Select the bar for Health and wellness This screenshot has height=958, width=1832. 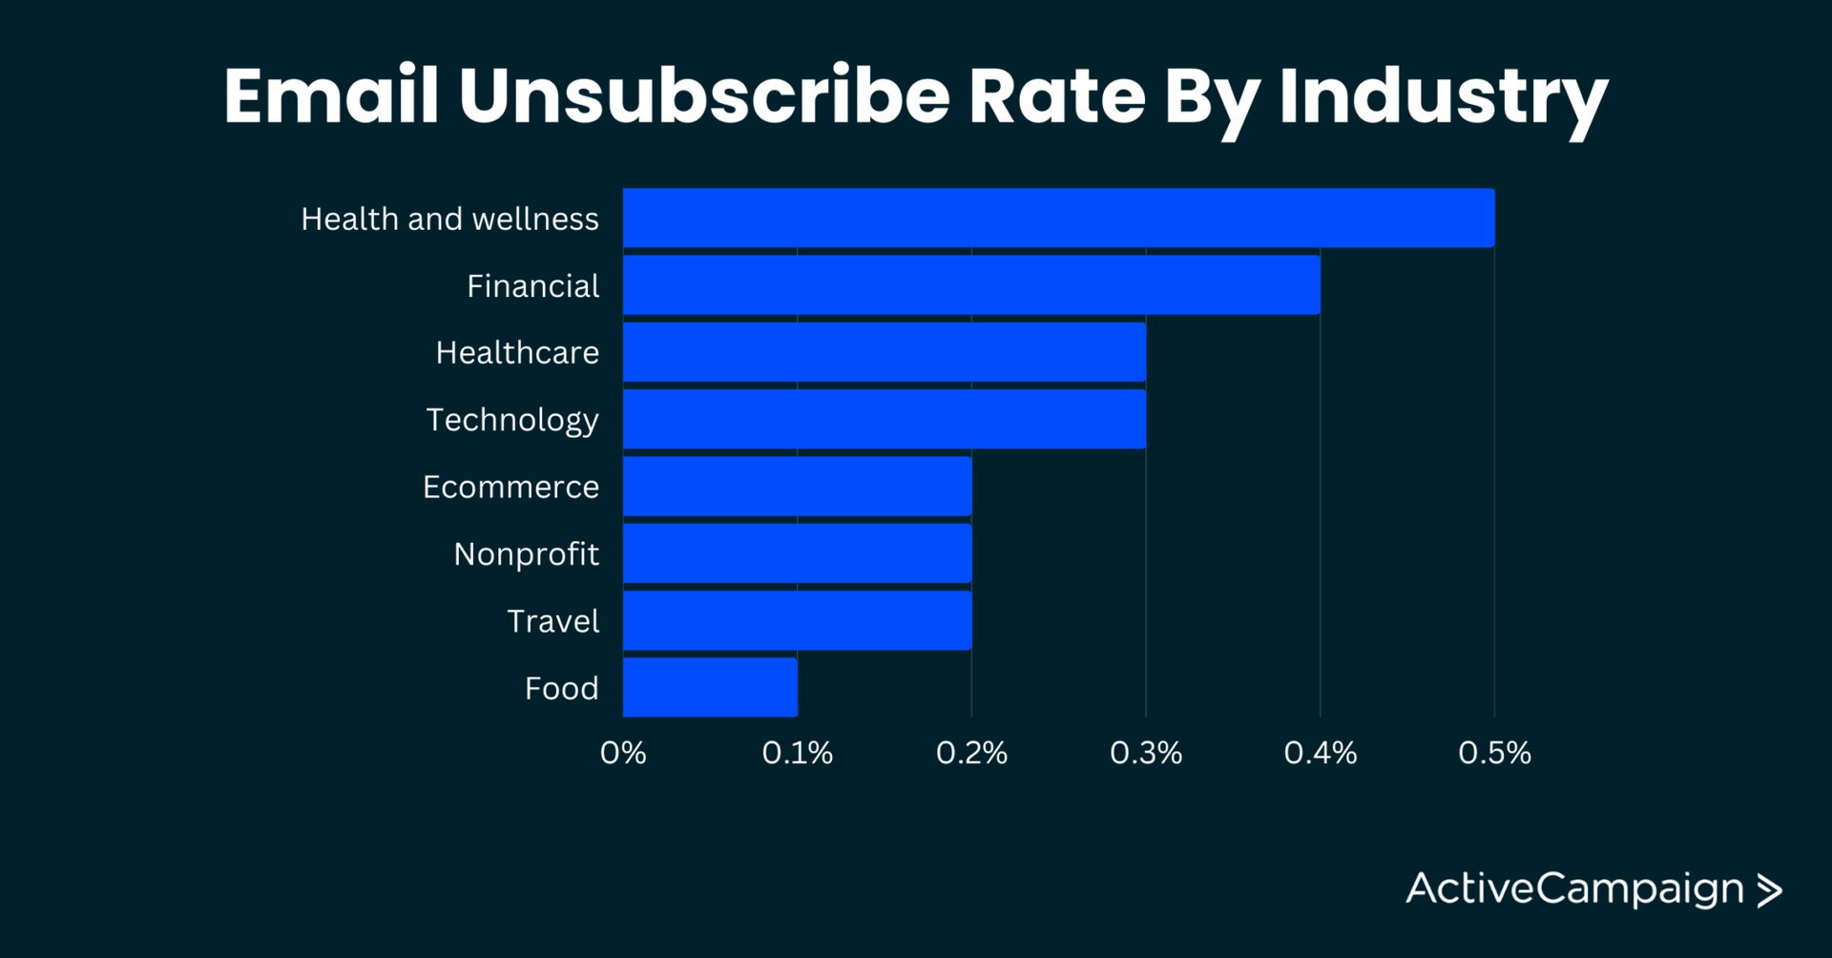pyautogui.click(x=1058, y=218)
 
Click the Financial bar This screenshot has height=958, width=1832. pyautogui.click(x=971, y=284)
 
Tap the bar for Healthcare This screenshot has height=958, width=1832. pyautogui.click(x=885, y=352)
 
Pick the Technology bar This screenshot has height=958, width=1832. pyautogui.click(x=885, y=419)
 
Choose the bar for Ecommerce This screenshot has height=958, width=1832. pyautogui.click(x=797, y=487)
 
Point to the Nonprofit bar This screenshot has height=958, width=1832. pyautogui.click(x=797, y=553)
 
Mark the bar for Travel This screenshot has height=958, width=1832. pyautogui.click(x=797, y=620)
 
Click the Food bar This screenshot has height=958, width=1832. pyautogui.click(x=710, y=687)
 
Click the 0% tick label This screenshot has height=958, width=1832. pyautogui.click(x=623, y=753)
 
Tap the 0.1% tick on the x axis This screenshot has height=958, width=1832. pyautogui.click(x=797, y=753)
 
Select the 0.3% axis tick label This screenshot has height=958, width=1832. pyautogui.click(x=1145, y=753)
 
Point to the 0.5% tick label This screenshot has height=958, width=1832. pyautogui.click(x=1494, y=753)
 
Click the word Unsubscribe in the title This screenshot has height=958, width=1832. pyautogui.click(x=704, y=95)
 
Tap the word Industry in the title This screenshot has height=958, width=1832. pyautogui.click(x=1443, y=97)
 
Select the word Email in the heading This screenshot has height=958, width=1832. pyautogui.click(x=331, y=95)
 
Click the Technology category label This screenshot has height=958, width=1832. pyautogui.click(x=512, y=420)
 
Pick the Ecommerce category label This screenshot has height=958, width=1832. pyautogui.click(x=510, y=487)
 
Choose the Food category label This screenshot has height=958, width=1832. pyautogui.click(x=561, y=688)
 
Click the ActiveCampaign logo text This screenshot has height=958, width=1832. pyautogui.click(x=1574, y=889)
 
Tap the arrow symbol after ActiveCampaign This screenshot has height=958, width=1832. pyautogui.click(x=1769, y=890)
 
